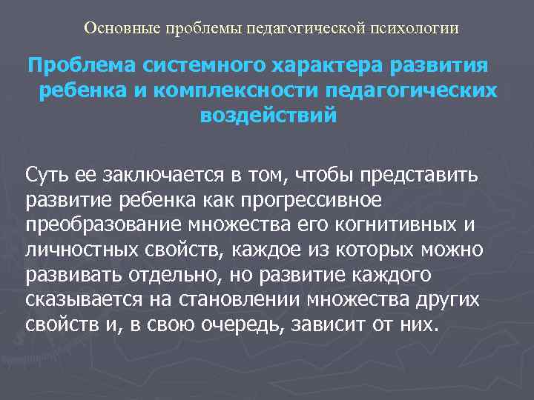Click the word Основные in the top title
(116, 28)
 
